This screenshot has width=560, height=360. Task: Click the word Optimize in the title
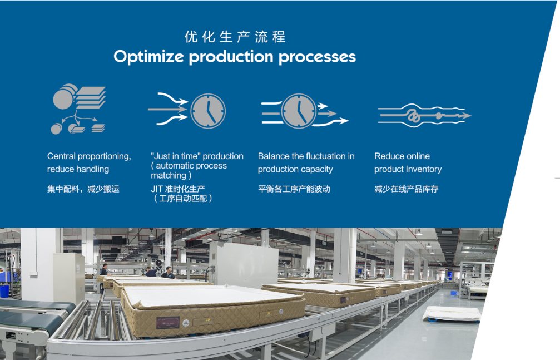pyautogui.click(x=149, y=57)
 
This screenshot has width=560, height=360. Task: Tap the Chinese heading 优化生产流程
pyautogui.click(x=235, y=37)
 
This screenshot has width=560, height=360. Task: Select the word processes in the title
pyautogui.click(x=317, y=57)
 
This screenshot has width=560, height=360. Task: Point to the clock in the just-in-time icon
pyautogui.click(x=208, y=111)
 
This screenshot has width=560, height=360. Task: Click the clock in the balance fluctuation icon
pyautogui.click(x=299, y=111)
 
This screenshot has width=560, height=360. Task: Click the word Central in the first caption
pyautogui.click(x=61, y=156)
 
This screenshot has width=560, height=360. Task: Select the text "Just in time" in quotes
pyautogui.click(x=175, y=156)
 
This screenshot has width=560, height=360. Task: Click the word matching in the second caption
pyautogui.click(x=169, y=175)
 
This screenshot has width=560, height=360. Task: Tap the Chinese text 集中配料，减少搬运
pyautogui.click(x=83, y=189)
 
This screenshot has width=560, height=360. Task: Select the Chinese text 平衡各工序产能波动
pyautogui.click(x=294, y=189)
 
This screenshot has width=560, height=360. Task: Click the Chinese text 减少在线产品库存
pyautogui.click(x=407, y=189)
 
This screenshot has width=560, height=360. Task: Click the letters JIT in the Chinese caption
pyautogui.click(x=157, y=189)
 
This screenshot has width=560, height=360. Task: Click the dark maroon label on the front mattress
pyautogui.click(x=167, y=323)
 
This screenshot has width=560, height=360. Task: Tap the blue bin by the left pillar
pyautogui.click(x=4, y=290)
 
